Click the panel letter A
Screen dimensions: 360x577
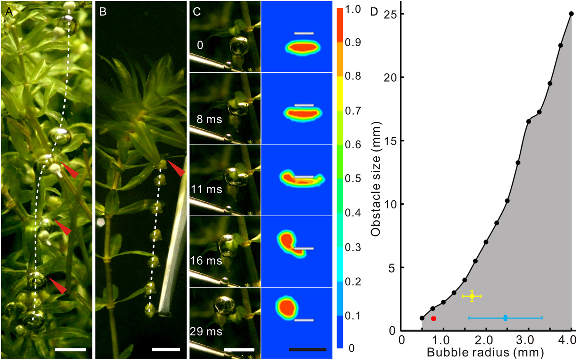(8, 12)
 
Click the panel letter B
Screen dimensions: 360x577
(103, 12)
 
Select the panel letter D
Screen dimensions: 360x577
(374, 12)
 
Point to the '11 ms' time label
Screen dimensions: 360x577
(206, 189)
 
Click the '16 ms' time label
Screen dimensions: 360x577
(206, 261)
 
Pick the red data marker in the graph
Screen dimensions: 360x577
(433, 318)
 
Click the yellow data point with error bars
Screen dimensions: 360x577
(472, 296)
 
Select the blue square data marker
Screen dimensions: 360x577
(505, 318)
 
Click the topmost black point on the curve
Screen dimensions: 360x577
(571, 14)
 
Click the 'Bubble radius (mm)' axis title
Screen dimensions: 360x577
(485, 353)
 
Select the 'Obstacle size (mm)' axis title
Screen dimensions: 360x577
(375, 179)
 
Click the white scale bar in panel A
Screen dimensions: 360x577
(70, 350)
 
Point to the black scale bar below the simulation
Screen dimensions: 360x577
(307, 350)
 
